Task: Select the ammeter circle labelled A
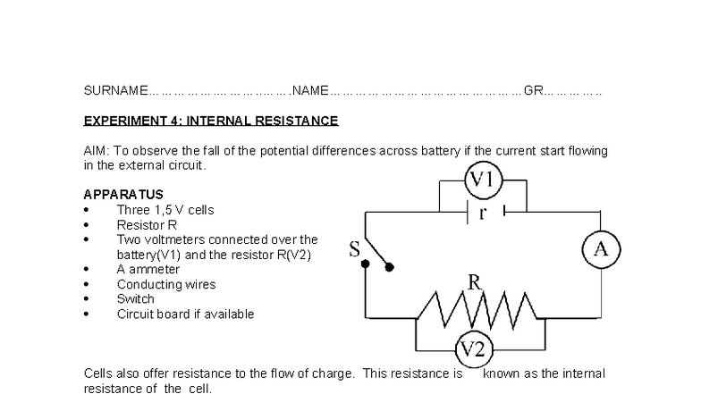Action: tap(601, 250)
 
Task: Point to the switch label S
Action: tap(354, 251)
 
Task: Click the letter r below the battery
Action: tap(483, 213)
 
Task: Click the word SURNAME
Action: tap(115, 91)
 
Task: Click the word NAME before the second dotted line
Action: tap(311, 91)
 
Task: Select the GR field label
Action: tap(533, 91)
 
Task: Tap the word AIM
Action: tap(96, 151)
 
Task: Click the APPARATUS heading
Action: tap(123, 195)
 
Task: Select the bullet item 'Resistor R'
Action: tap(147, 225)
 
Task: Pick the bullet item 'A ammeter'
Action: tap(148, 269)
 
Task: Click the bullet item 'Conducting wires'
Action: tap(165, 284)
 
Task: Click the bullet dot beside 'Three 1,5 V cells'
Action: tap(86, 211)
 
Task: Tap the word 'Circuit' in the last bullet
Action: tap(136, 314)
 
